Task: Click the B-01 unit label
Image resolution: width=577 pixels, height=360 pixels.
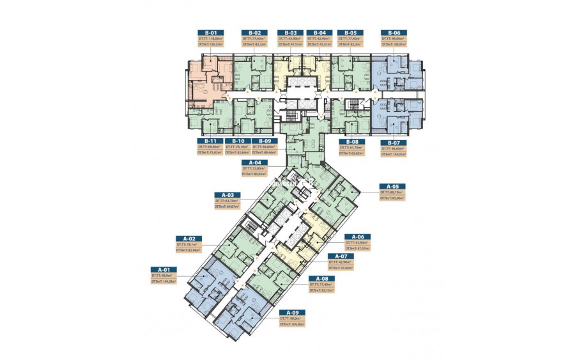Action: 210,33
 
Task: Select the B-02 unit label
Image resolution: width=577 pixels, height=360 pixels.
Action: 254,33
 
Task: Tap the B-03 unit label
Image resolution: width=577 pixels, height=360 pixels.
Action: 289,33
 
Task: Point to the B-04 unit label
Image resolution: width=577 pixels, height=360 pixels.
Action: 319,33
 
